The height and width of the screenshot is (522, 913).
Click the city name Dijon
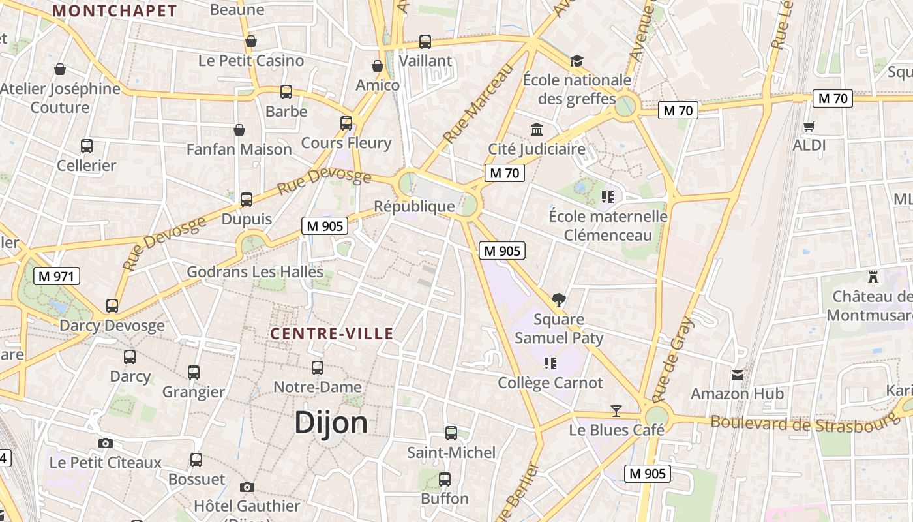click(x=331, y=422)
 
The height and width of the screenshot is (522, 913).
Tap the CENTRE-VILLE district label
click(x=332, y=334)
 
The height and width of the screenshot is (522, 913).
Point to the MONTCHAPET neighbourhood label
click(x=115, y=11)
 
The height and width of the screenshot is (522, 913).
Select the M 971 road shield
click(x=57, y=276)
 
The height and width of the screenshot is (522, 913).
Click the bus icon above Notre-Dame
click(x=318, y=368)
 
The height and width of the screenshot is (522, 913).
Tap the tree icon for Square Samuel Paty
click(x=558, y=300)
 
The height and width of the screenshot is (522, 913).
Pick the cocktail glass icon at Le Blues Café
click(x=616, y=411)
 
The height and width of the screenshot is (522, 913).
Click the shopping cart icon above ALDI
click(x=809, y=126)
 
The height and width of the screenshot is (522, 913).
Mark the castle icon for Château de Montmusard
click(x=873, y=277)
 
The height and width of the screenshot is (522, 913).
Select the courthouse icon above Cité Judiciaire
click(x=537, y=130)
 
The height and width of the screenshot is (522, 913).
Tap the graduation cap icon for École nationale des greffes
click(x=576, y=61)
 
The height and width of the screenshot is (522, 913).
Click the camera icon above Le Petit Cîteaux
click(x=106, y=443)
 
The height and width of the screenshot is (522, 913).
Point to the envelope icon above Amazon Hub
click(x=738, y=375)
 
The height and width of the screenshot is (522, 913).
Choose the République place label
click(x=414, y=206)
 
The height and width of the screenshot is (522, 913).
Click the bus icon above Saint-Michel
click(x=451, y=433)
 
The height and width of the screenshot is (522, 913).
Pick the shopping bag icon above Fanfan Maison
click(x=239, y=130)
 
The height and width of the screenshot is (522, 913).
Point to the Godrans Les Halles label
click(x=255, y=271)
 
